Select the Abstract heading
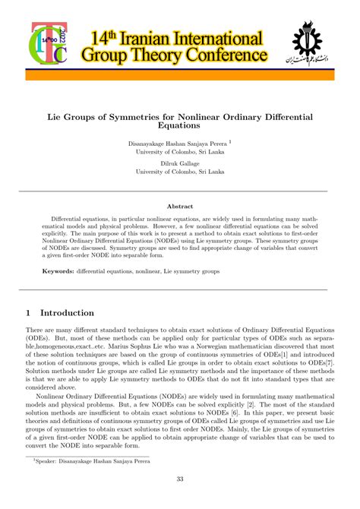(180, 206)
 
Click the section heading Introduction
(67, 312)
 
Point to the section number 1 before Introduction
(28, 312)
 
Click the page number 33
(180, 478)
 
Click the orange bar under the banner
(180, 75)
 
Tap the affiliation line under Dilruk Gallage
(180, 172)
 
